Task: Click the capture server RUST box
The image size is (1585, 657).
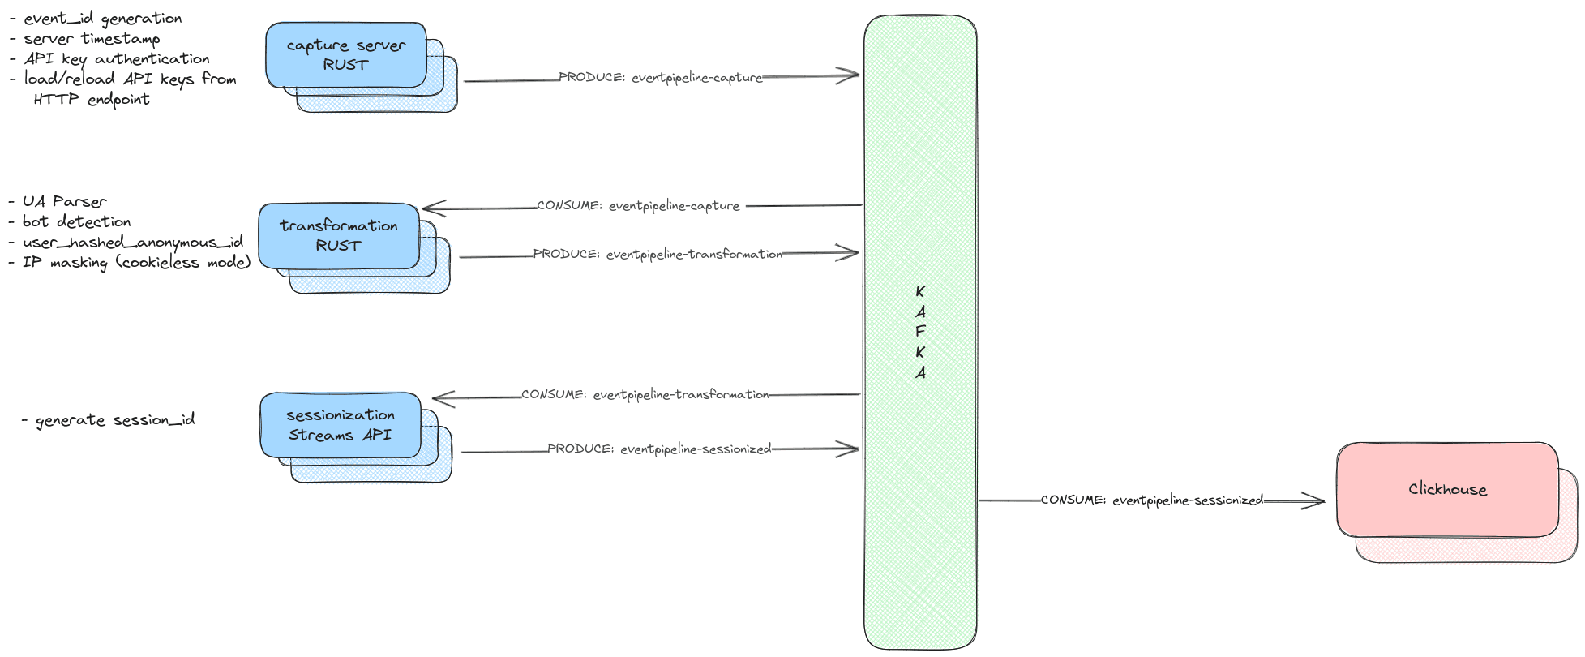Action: (x=346, y=55)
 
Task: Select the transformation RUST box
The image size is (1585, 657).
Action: (x=339, y=235)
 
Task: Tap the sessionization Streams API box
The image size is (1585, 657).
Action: (x=341, y=425)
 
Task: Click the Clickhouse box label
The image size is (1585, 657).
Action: (x=1447, y=489)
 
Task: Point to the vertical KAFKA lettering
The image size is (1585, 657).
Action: (x=920, y=332)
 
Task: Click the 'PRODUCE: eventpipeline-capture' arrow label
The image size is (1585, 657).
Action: (x=661, y=78)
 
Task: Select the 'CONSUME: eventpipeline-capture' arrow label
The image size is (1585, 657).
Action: (x=638, y=206)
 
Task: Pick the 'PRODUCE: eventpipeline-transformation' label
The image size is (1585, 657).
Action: (x=658, y=255)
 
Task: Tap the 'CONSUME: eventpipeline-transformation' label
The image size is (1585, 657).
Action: (x=645, y=395)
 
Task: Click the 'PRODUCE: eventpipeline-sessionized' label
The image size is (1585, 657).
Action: (x=659, y=449)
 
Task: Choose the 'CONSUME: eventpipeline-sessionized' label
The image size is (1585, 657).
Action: (x=1152, y=500)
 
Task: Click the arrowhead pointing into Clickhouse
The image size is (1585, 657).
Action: (x=1317, y=501)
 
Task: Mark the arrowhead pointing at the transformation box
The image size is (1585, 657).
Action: (x=431, y=208)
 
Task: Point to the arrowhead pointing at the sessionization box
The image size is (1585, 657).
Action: (x=441, y=398)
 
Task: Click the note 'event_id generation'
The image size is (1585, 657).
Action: (x=102, y=19)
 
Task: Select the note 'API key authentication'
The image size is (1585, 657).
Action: (x=117, y=59)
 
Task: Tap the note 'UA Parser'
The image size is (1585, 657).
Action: (x=64, y=201)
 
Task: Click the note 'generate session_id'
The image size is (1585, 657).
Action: (x=114, y=420)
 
